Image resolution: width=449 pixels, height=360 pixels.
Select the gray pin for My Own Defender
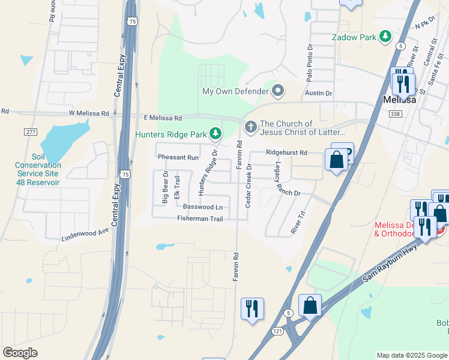[278, 91]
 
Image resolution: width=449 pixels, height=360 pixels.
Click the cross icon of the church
[250, 127]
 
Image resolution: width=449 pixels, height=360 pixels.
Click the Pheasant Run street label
[178, 157]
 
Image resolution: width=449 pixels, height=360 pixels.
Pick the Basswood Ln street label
[203, 207]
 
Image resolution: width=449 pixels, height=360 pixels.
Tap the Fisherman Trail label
[200, 219]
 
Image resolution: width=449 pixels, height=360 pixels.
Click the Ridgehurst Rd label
[286, 153]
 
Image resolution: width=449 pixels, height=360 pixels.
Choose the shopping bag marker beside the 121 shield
[310, 306]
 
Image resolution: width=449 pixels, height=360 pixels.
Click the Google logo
[20, 353]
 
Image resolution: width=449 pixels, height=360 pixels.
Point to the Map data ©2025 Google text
[412, 355]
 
